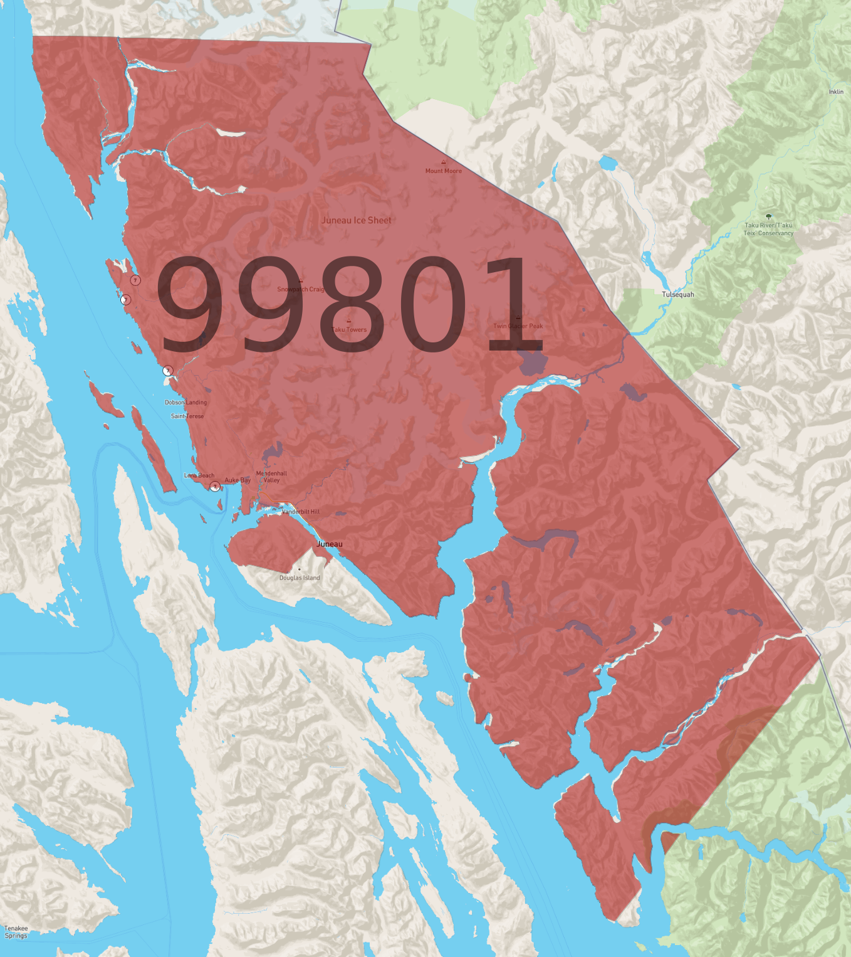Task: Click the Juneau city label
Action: [330, 544]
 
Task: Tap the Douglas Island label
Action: [300, 578]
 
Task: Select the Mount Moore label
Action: [444, 171]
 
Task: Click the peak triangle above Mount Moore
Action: [444, 162]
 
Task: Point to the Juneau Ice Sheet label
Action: [356, 220]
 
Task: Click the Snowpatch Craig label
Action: [301, 289]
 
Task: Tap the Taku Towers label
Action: [349, 329]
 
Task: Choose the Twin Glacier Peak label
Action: [518, 325]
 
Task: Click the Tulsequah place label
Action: [678, 294]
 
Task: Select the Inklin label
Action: [836, 92]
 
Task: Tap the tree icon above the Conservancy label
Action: [769, 216]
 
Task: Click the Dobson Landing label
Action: [185, 403]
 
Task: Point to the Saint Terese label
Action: [187, 416]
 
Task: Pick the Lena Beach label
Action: [199, 475]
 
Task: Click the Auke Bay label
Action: [238, 480]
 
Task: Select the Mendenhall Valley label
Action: [271, 477]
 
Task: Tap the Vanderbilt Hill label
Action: [301, 512]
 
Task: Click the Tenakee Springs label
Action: [16, 932]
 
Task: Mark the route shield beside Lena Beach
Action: [215, 487]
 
